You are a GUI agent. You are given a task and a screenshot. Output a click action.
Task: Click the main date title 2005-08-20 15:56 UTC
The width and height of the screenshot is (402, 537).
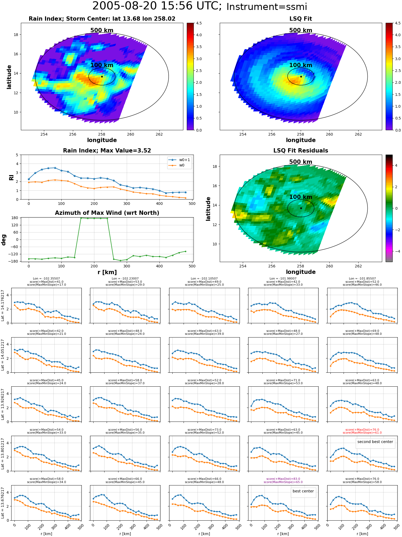[x=157, y=6]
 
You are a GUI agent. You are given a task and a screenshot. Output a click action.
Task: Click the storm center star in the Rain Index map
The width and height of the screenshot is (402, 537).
[x=102, y=77]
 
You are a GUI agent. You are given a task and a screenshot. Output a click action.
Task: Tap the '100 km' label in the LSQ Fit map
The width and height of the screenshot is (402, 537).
[x=301, y=65]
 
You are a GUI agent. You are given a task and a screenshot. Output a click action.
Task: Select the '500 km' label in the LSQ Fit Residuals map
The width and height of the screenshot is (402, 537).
[x=301, y=162]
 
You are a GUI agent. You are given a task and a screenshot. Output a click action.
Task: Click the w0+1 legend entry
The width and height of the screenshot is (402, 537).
[x=179, y=160]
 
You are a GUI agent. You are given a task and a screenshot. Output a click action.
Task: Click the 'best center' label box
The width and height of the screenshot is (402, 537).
[x=303, y=491]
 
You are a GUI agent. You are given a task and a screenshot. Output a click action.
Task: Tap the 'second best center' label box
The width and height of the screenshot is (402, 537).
[x=375, y=442]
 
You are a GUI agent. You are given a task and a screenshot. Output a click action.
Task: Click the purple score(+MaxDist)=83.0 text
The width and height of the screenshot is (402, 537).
[x=283, y=479]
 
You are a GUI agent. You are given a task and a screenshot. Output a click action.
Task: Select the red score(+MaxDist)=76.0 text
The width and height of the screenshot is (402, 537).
[x=362, y=430]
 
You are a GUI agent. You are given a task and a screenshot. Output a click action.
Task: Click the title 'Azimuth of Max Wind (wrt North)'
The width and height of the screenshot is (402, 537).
[x=107, y=213]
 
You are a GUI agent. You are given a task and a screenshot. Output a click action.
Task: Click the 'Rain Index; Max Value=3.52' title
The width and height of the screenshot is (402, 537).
[x=107, y=151]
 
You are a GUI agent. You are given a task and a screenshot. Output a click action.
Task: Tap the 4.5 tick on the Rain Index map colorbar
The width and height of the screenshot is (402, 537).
[x=199, y=23]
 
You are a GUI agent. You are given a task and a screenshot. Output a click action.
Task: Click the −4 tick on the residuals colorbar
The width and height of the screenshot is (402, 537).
[x=396, y=251]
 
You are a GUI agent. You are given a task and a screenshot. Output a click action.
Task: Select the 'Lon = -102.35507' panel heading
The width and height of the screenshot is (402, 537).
[x=46, y=279]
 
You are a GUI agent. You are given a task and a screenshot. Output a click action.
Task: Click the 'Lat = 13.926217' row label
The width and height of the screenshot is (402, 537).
[x=3, y=404]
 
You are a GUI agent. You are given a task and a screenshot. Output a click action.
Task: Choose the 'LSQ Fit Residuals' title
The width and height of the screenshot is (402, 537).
[x=301, y=151]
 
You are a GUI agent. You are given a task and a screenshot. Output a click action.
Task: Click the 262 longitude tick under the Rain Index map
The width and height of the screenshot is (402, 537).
[x=159, y=134]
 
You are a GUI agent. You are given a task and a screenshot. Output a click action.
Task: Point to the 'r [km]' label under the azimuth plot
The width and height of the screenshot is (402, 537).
[x=107, y=272]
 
